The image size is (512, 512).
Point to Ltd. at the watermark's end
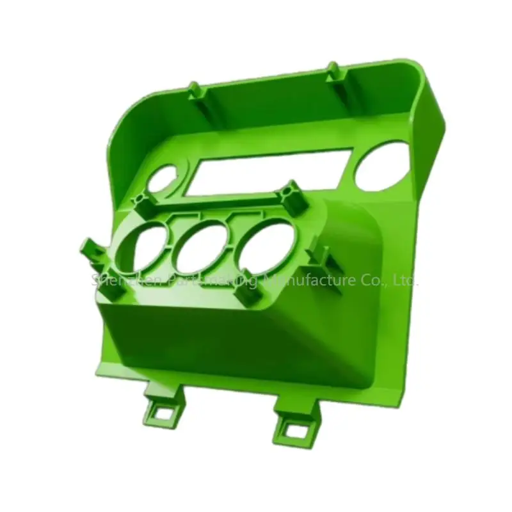tap(404, 280)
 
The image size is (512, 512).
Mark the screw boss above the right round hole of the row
tap(292, 196)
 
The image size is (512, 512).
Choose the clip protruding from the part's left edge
tap(88, 251)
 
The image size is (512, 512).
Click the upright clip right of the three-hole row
tap(321, 254)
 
